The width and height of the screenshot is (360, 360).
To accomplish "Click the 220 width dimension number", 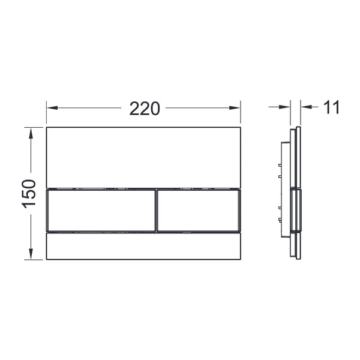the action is click(145, 109).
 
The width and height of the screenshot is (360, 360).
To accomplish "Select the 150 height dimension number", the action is click(29, 194).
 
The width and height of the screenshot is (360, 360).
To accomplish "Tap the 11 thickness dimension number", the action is click(331, 107).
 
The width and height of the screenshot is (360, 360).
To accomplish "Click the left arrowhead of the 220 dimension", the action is click(52, 107).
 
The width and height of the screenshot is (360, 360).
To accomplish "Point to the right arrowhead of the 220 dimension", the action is click(235, 107).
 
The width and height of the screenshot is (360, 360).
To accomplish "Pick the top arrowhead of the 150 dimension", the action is click(31, 133).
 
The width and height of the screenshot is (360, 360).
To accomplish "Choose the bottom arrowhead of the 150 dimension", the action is click(31, 254).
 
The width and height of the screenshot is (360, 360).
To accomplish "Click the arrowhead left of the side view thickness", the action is click(284, 107).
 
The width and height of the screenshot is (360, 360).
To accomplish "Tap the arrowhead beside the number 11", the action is click(307, 107).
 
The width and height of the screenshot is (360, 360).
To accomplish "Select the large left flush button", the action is click(101, 211).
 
